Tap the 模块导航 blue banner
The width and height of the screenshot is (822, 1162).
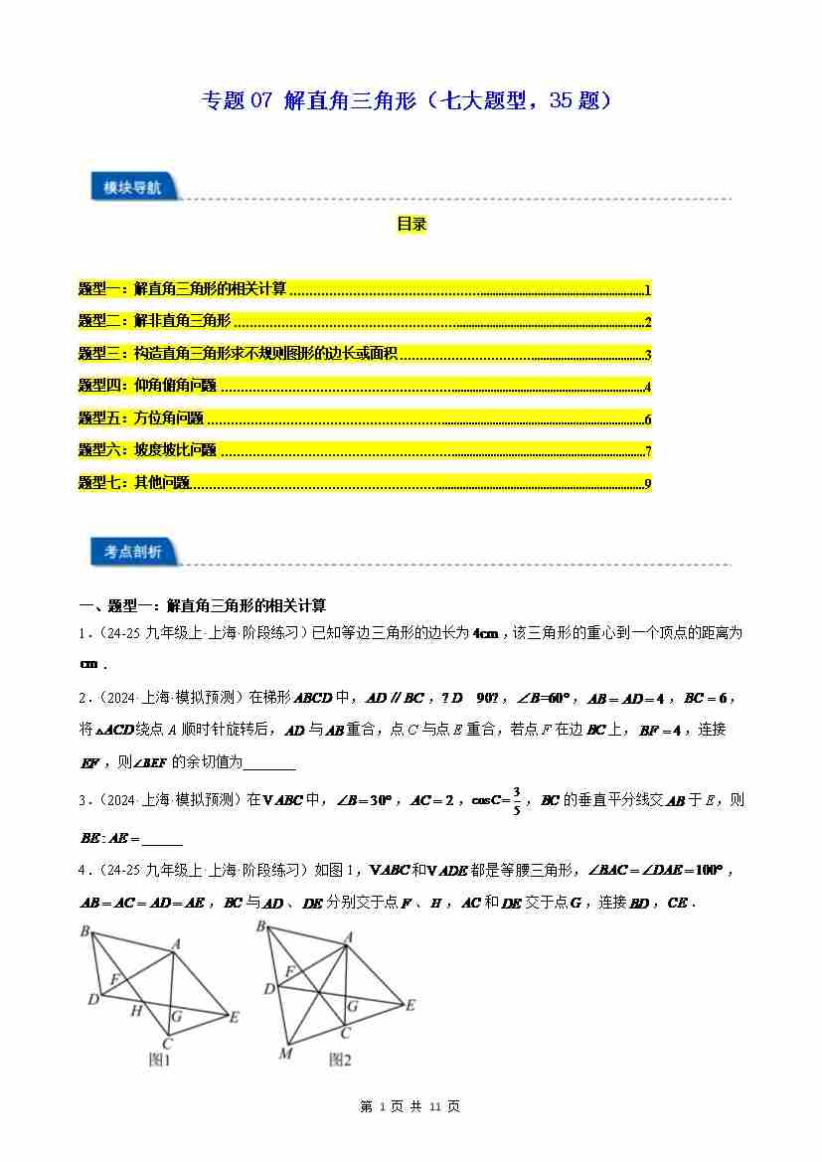click(x=132, y=187)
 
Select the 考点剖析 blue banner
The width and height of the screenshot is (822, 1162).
click(x=132, y=551)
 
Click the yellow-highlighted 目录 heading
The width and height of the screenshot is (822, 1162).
click(x=411, y=225)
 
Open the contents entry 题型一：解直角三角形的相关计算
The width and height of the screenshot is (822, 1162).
click(x=183, y=289)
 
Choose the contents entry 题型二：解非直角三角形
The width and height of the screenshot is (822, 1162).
click(x=155, y=321)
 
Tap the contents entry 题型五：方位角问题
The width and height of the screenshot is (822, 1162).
click(x=141, y=418)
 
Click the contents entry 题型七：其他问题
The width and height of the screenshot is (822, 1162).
click(x=134, y=483)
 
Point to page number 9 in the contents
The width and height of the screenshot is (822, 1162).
click(x=647, y=484)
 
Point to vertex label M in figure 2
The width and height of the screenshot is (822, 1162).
click(x=285, y=1053)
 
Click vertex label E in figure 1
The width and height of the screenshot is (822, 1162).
click(x=234, y=1017)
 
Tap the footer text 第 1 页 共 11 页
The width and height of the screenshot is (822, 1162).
click(x=410, y=1106)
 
